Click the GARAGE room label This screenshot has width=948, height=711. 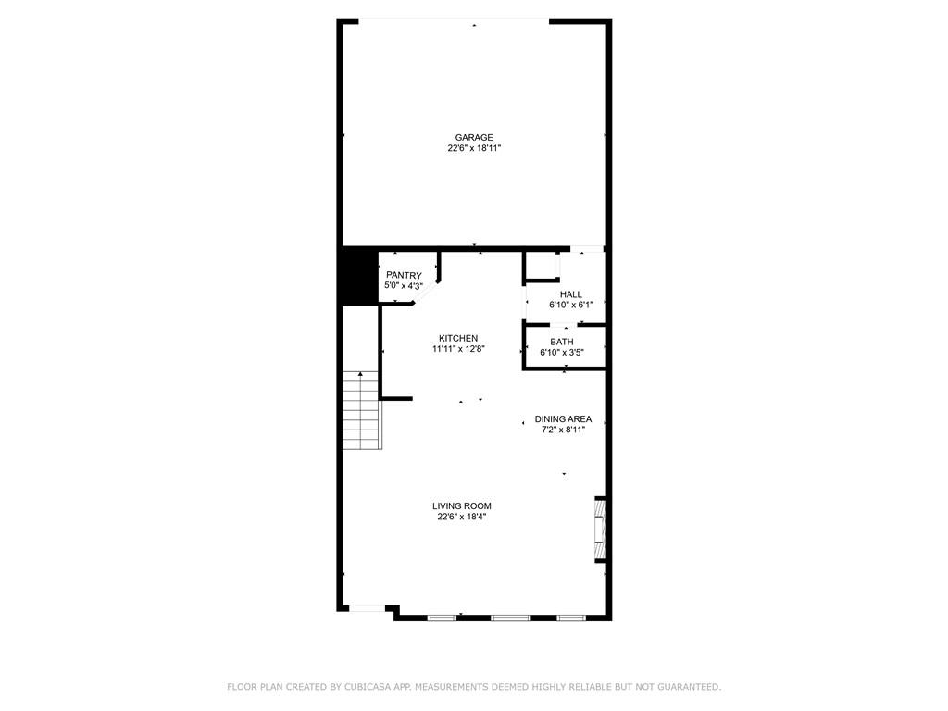coord(473,138)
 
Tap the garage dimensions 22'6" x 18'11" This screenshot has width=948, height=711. coord(473,148)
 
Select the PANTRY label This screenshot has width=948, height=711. coord(404,275)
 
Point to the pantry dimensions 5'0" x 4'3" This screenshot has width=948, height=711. coord(404,286)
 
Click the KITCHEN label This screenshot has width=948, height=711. coord(458,338)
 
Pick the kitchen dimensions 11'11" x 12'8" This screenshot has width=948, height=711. coord(458,349)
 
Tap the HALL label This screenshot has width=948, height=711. coord(570,294)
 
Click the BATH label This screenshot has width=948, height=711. coord(562,342)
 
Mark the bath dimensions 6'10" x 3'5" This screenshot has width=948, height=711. coord(562,352)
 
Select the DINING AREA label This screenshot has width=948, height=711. coord(563,418)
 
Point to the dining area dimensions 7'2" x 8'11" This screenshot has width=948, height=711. coord(563,429)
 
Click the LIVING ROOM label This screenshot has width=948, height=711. coord(461,505)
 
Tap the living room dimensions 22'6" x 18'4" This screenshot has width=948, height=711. coord(461,517)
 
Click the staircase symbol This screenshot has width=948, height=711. coord(362,409)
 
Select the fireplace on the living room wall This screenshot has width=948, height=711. coord(600,530)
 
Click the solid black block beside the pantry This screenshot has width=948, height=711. coord(358,275)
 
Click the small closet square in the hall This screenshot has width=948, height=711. coord(542,268)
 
